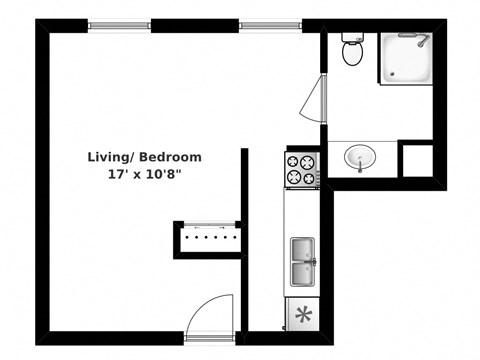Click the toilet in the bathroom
click(x=351, y=52)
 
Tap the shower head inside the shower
click(x=423, y=42)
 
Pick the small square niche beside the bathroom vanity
click(x=416, y=159)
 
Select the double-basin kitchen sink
click(x=303, y=263)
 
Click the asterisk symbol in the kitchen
click(x=302, y=315)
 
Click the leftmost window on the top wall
click(x=119, y=24)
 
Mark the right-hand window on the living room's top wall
click(x=269, y=24)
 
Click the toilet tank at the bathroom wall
click(x=351, y=39)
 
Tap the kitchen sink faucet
click(x=313, y=263)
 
